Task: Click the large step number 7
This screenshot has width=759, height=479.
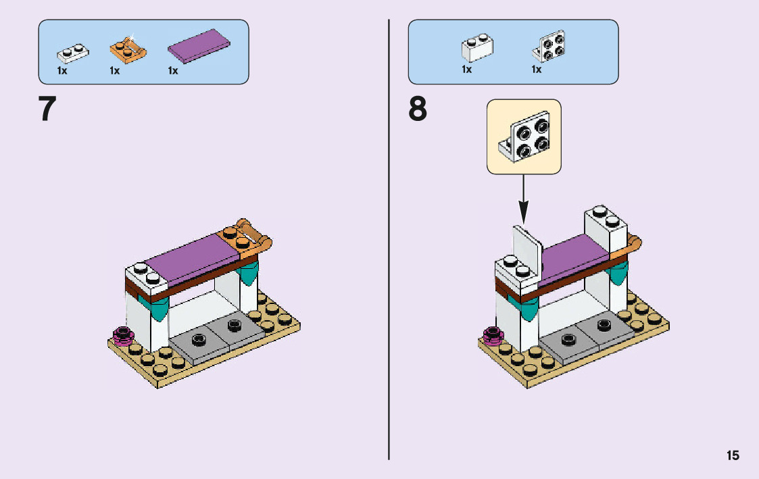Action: pyautogui.click(x=47, y=109)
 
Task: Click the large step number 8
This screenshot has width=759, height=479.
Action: pyautogui.click(x=418, y=109)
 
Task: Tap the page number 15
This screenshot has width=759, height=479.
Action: pyautogui.click(x=733, y=455)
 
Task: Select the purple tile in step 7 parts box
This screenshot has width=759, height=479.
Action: pyautogui.click(x=200, y=47)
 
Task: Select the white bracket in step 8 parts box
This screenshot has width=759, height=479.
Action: pyautogui.click(x=549, y=46)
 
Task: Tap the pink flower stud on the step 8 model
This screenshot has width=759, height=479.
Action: pyautogui.click(x=493, y=334)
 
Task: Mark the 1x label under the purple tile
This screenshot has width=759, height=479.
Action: pyautogui.click(x=173, y=71)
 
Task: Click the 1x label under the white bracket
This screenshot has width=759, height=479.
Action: pyautogui.click(x=537, y=70)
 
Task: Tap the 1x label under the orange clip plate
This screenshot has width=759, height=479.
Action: pyautogui.click(x=114, y=71)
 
